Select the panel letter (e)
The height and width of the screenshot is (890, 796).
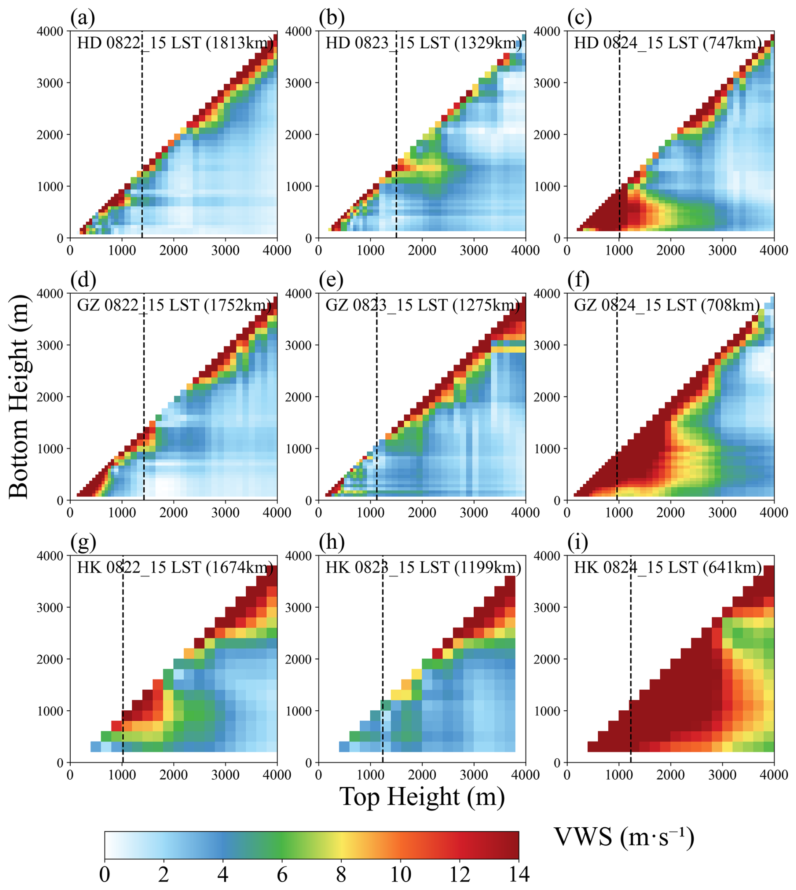click(x=331, y=280)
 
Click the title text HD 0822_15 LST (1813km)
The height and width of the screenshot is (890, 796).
click(x=175, y=43)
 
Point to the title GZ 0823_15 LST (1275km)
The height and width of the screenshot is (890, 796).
click(x=423, y=305)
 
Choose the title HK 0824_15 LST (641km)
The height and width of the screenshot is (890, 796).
click(x=668, y=567)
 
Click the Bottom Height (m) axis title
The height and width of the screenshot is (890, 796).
click(x=19, y=396)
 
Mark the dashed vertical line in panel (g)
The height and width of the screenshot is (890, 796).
click(x=123, y=656)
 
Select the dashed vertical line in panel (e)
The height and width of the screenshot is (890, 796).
click(x=377, y=393)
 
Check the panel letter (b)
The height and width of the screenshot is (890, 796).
click(x=331, y=18)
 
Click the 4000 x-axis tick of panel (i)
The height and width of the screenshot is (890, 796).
click(x=774, y=775)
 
